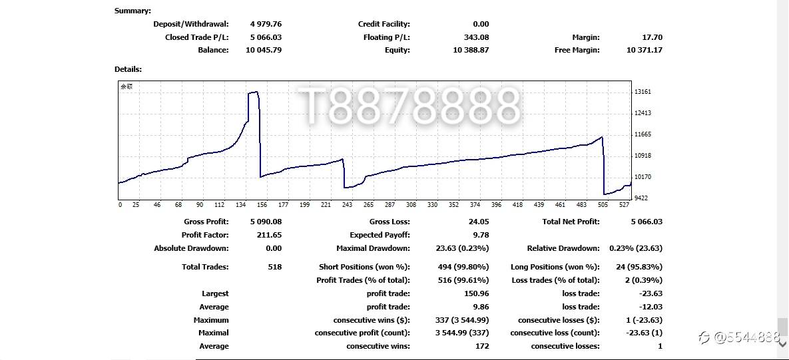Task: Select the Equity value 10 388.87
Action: [x=471, y=50]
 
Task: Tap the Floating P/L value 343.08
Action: [x=476, y=37]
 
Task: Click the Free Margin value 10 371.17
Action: [x=644, y=50]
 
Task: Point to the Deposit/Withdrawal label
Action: [x=190, y=24]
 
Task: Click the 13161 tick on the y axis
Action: [x=643, y=92]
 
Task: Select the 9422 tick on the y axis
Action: [x=642, y=198]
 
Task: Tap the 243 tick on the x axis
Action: [x=347, y=205]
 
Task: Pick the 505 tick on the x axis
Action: [x=603, y=205]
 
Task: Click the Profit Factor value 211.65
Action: [x=269, y=235]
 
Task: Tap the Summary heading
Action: [x=132, y=11]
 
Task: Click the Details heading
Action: [x=128, y=69]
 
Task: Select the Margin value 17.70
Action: [x=653, y=37]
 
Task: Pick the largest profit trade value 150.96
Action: [x=476, y=293]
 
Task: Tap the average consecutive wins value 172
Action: [x=482, y=346]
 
